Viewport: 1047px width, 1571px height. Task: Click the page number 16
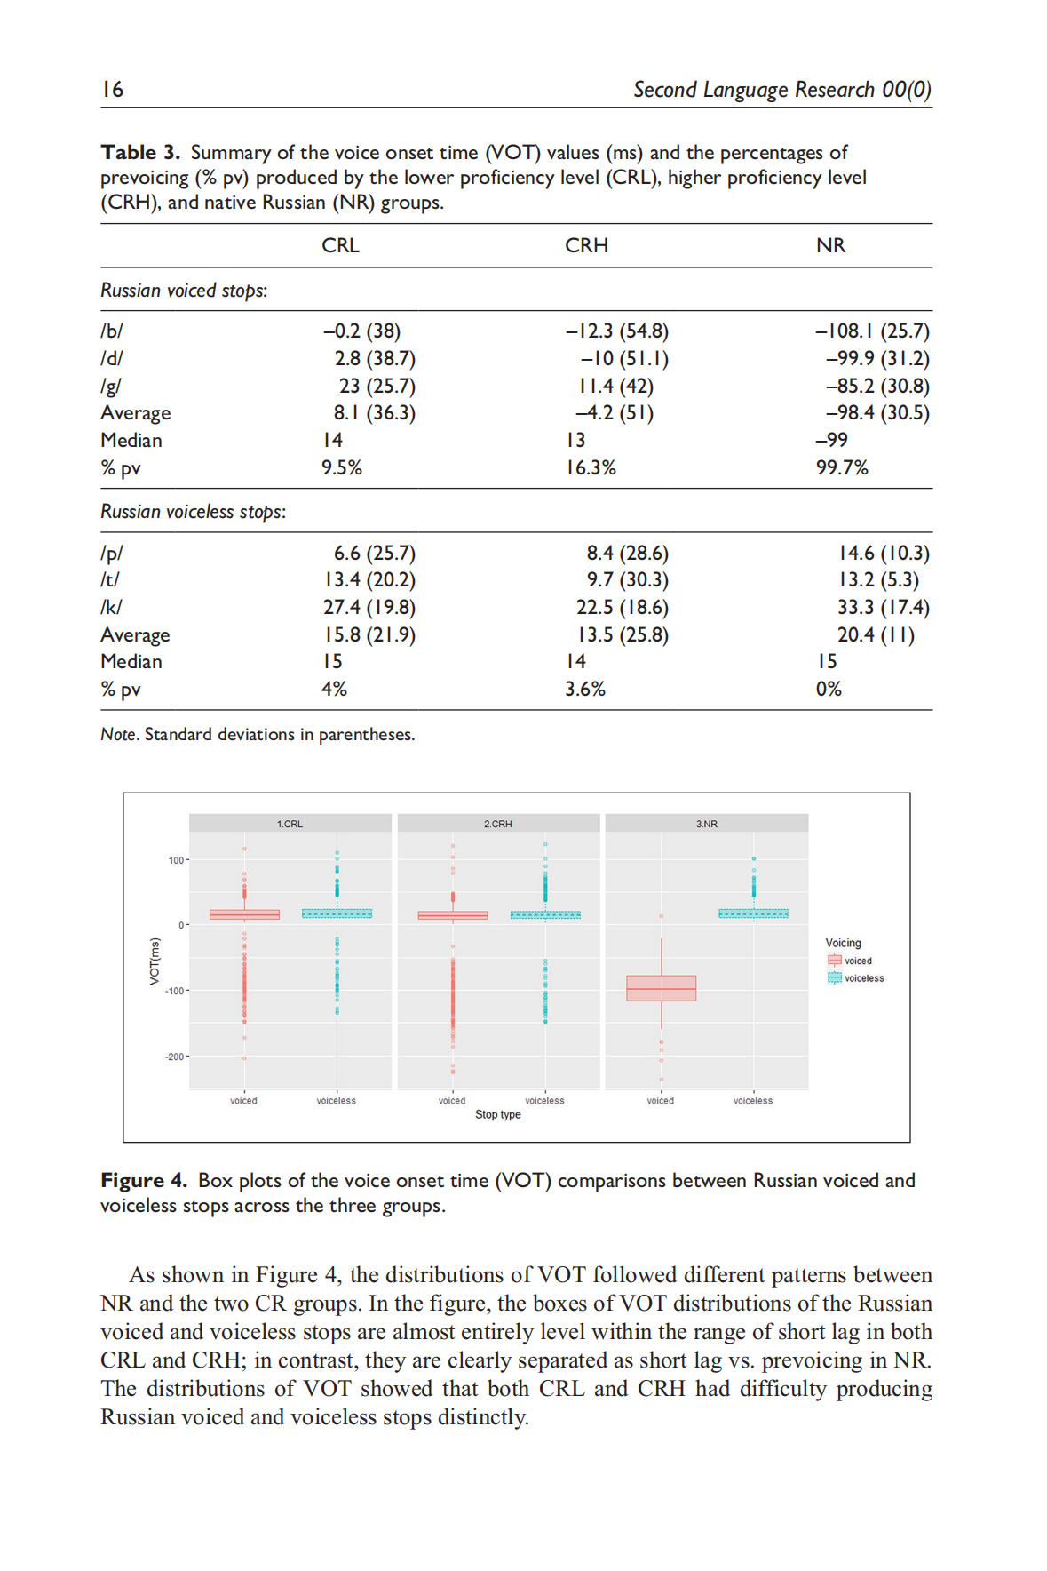click(113, 89)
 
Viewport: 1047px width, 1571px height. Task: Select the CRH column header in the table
click(586, 245)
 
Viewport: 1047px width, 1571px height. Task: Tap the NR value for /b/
click(872, 331)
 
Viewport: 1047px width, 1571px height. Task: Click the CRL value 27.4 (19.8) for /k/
click(369, 607)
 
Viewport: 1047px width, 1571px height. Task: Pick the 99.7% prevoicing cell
click(842, 467)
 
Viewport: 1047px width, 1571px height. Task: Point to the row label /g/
click(111, 386)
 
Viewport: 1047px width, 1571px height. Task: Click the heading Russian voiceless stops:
click(193, 512)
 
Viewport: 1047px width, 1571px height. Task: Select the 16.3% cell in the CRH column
click(591, 467)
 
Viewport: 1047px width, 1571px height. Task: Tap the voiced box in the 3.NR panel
click(661, 988)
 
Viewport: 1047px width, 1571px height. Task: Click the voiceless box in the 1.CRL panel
click(337, 913)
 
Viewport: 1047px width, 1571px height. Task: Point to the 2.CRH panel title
click(498, 824)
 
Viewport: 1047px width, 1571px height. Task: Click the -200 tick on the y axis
click(174, 1057)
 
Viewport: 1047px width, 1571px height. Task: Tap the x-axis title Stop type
click(497, 1114)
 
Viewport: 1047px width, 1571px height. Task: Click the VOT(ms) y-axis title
click(155, 961)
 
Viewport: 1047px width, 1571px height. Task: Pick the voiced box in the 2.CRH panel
click(453, 915)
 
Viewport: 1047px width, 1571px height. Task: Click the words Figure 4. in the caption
click(144, 1180)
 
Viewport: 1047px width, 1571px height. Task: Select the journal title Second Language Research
click(754, 90)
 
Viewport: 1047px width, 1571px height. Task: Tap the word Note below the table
click(118, 735)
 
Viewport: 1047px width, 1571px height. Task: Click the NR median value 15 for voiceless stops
click(827, 662)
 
